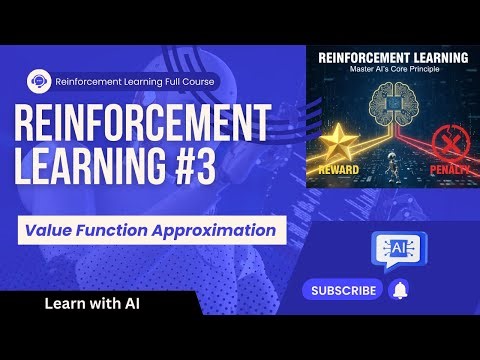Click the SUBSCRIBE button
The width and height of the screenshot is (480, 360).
click(x=343, y=291)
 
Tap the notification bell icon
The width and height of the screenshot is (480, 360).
click(x=400, y=291)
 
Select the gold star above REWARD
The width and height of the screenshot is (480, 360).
click(x=346, y=139)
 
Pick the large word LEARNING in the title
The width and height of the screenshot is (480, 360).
click(x=86, y=167)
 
